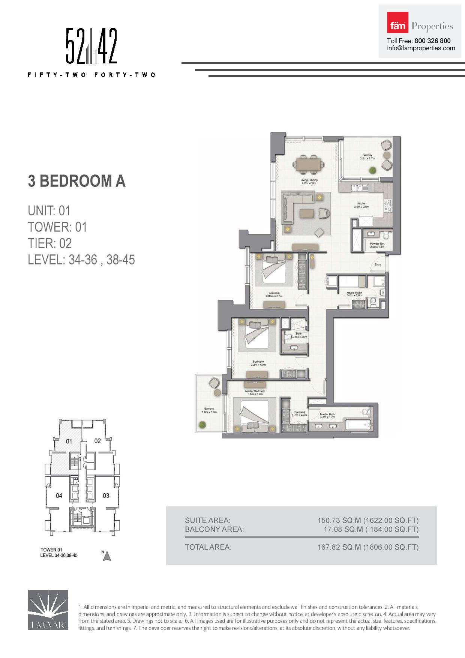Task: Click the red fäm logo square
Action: click(x=397, y=23)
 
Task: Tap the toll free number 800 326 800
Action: click(x=432, y=41)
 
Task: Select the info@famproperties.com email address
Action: click(x=421, y=48)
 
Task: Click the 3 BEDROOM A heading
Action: click(x=76, y=181)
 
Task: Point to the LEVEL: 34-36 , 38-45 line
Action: click(x=81, y=260)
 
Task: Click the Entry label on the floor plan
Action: click(x=378, y=264)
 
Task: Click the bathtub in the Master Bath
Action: click(x=358, y=425)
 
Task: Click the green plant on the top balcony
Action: click(x=372, y=170)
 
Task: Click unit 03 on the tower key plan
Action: click(x=106, y=496)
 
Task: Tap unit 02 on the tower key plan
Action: click(x=97, y=441)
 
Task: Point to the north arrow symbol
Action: click(x=107, y=556)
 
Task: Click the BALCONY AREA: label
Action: click(x=214, y=529)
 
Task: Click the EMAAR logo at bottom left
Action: click(x=48, y=609)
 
